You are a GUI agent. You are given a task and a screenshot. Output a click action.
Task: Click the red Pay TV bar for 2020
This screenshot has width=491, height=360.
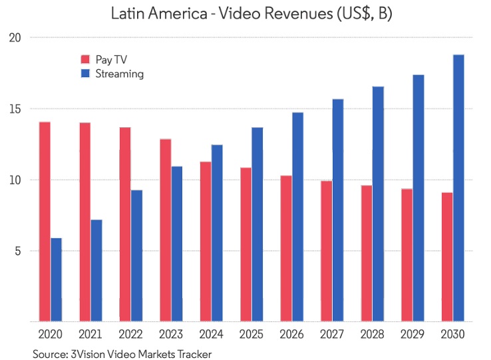45,222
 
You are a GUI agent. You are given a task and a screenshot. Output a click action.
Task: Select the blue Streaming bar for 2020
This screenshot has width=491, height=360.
56,279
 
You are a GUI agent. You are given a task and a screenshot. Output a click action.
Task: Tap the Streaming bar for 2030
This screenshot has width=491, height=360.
458,188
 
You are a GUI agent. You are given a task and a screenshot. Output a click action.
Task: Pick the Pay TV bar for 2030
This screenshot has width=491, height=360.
447,257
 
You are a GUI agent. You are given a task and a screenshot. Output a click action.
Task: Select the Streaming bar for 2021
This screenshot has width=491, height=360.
96,270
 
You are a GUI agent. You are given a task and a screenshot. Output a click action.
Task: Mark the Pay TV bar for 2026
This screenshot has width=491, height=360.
286,248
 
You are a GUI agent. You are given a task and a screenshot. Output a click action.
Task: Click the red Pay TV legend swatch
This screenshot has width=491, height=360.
84,59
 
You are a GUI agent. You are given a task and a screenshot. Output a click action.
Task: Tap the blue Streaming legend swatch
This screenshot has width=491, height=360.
84,74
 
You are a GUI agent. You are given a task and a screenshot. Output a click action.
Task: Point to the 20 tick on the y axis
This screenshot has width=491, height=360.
15,38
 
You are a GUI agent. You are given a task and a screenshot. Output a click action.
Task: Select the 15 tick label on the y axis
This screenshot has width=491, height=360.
15,109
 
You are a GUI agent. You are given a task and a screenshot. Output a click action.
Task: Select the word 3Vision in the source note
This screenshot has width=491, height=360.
92,353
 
